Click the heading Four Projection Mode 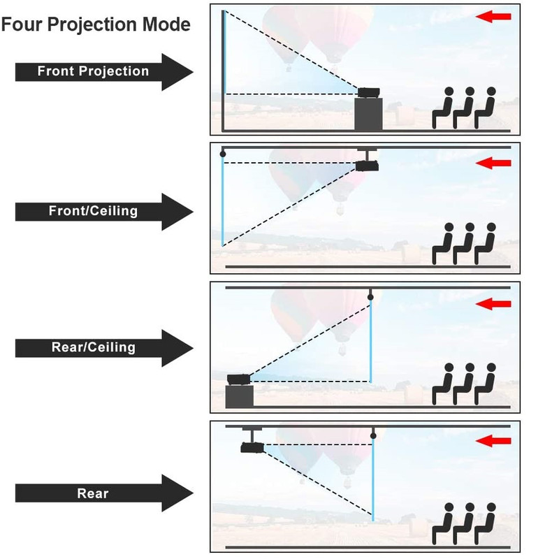(x=96, y=24)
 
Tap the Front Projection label (x=93, y=71)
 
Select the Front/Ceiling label (x=93, y=210)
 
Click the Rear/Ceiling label (x=93, y=347)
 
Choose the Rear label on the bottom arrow (x=93, y=493)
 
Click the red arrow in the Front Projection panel (x=493, y=16)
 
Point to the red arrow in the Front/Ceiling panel (x=493, y=164)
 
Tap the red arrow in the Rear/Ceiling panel (x=493, y=304)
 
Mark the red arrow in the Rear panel (x=493, y=441)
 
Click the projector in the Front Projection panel (x=368, y=92)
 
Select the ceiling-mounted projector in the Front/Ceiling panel (x=367, y=166)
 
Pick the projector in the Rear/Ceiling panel (x=239, y=379)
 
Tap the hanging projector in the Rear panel (x=251, y=447)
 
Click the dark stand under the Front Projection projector (x=368, y=114)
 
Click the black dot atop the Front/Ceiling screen (x=223, y=153)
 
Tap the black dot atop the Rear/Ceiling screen (x=370, y=298)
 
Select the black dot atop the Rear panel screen (x=373, y=436)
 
